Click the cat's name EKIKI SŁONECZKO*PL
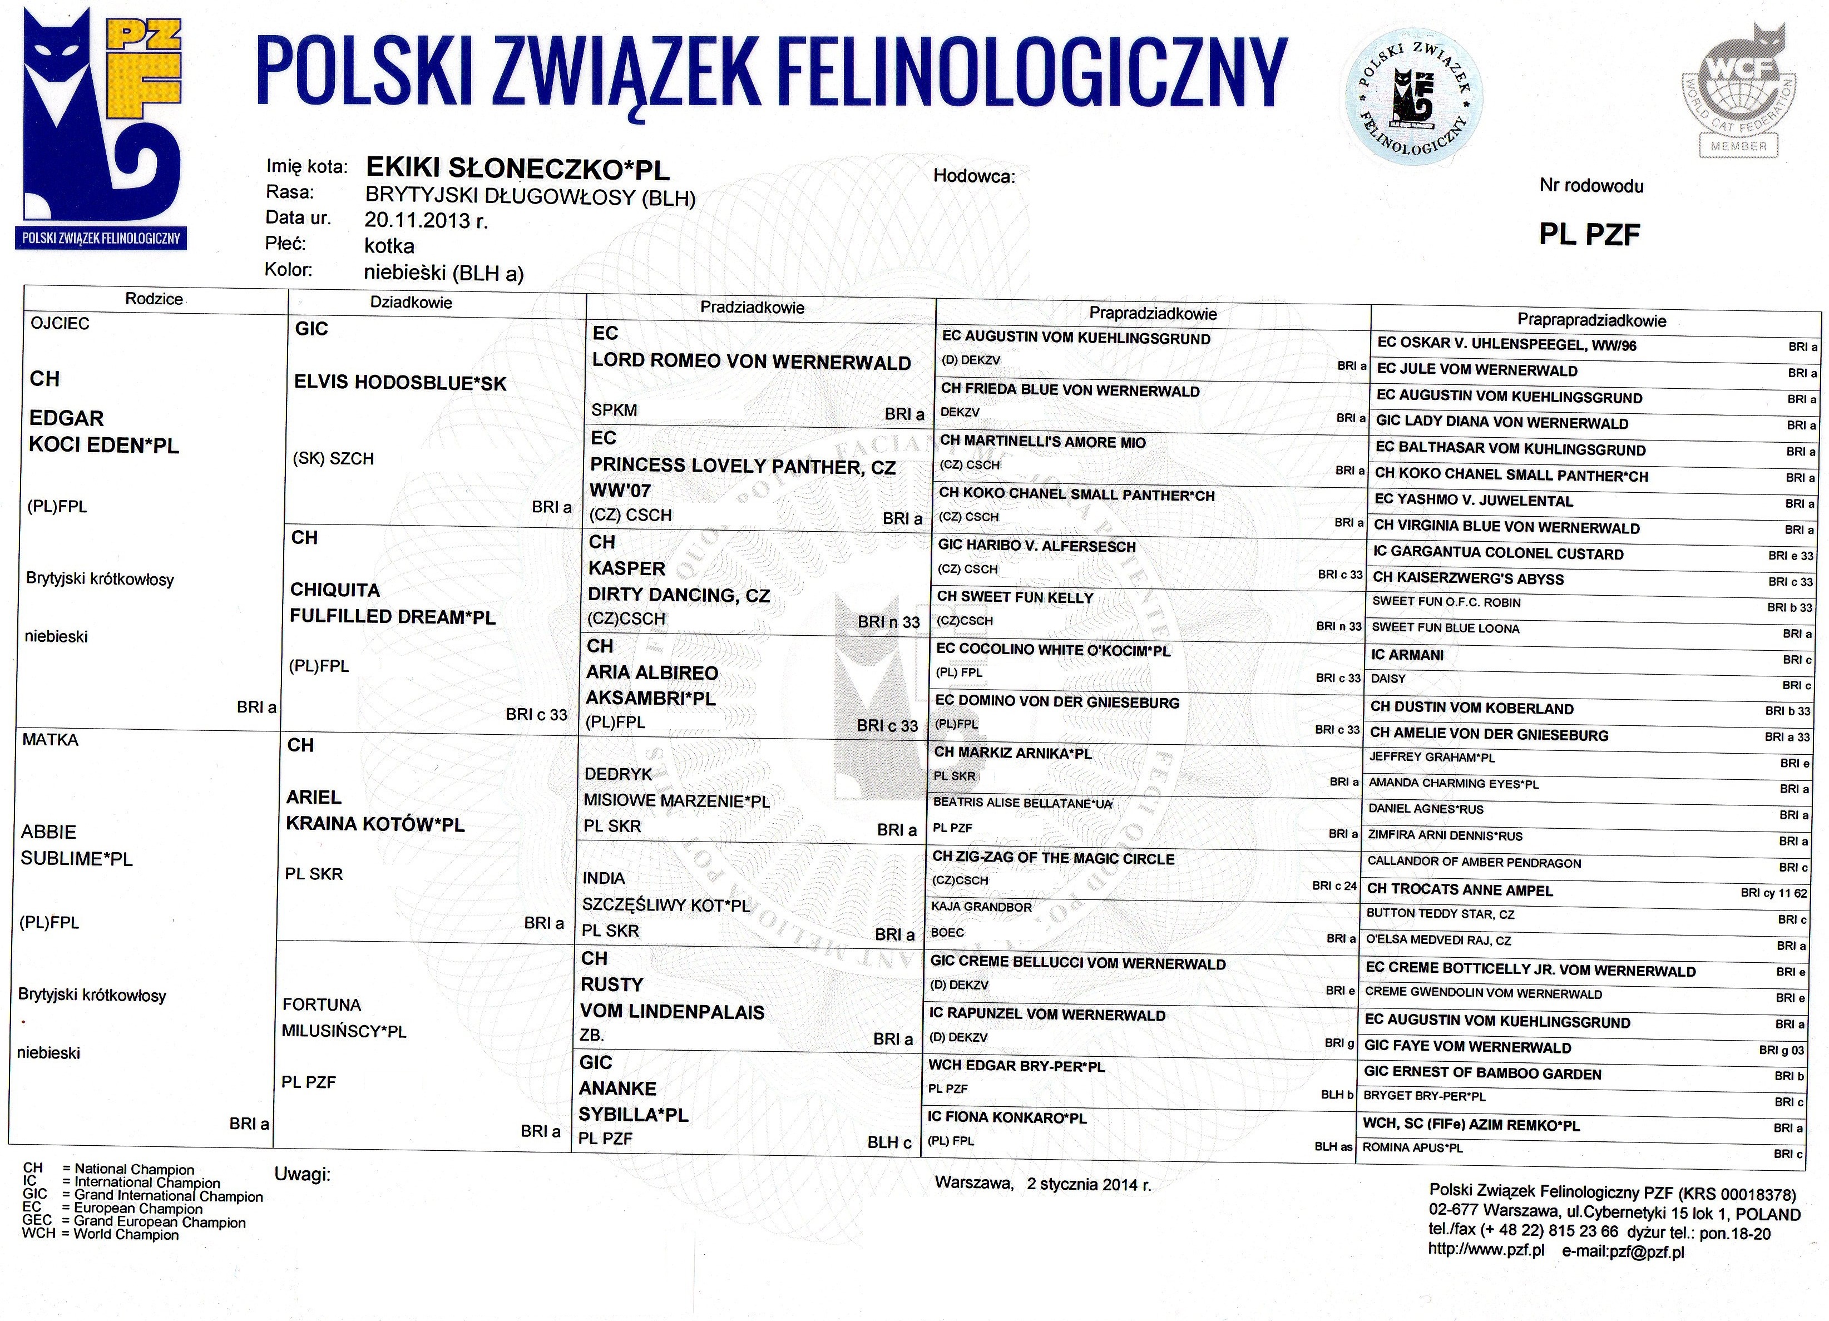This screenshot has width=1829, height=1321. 517,168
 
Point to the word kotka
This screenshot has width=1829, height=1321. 389,245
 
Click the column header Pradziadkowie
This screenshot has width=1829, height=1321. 752,306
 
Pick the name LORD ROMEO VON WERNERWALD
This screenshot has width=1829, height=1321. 751,362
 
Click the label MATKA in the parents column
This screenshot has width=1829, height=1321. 50,740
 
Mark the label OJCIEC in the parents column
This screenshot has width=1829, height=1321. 60,323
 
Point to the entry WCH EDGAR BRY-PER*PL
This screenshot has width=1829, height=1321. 1016,1065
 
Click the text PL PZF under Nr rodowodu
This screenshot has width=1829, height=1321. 1589,234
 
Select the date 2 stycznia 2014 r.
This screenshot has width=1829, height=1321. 1089,1184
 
